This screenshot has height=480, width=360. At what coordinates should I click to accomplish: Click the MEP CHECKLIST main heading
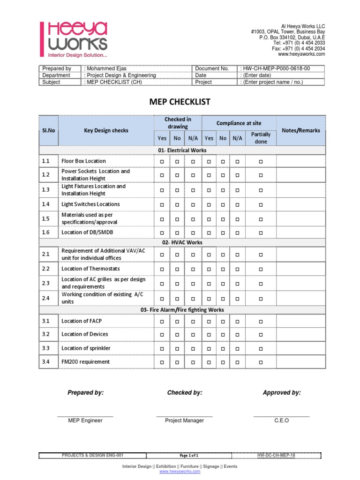click(180, 102)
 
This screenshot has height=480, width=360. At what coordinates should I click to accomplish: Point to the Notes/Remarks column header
click(300, 130)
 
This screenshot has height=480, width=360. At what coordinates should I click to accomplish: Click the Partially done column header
click(261, 138)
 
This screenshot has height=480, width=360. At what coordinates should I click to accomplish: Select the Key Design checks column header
click(106, 130)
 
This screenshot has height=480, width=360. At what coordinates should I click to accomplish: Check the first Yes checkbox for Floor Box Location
click(162, 161)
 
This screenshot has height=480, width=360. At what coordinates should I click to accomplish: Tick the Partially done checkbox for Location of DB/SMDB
click(261, 232)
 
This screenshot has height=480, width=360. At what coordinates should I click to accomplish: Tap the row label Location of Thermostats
click(90, 269)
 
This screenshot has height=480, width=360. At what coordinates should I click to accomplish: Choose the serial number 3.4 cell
click(46, 362)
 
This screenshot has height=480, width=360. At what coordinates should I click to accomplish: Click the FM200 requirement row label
click(86, 362)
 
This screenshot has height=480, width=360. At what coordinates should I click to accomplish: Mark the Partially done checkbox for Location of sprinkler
click(261, 348)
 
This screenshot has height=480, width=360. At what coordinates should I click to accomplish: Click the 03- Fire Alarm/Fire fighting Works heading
click(182, 310)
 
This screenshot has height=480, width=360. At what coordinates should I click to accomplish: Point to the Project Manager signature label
click(184, 420)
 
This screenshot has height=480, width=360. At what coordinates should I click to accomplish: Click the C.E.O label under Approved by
click(282, 420)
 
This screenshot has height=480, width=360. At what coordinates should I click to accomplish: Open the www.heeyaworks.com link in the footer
click(180, 472)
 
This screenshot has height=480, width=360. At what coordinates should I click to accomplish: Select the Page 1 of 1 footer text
click(189, 455)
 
